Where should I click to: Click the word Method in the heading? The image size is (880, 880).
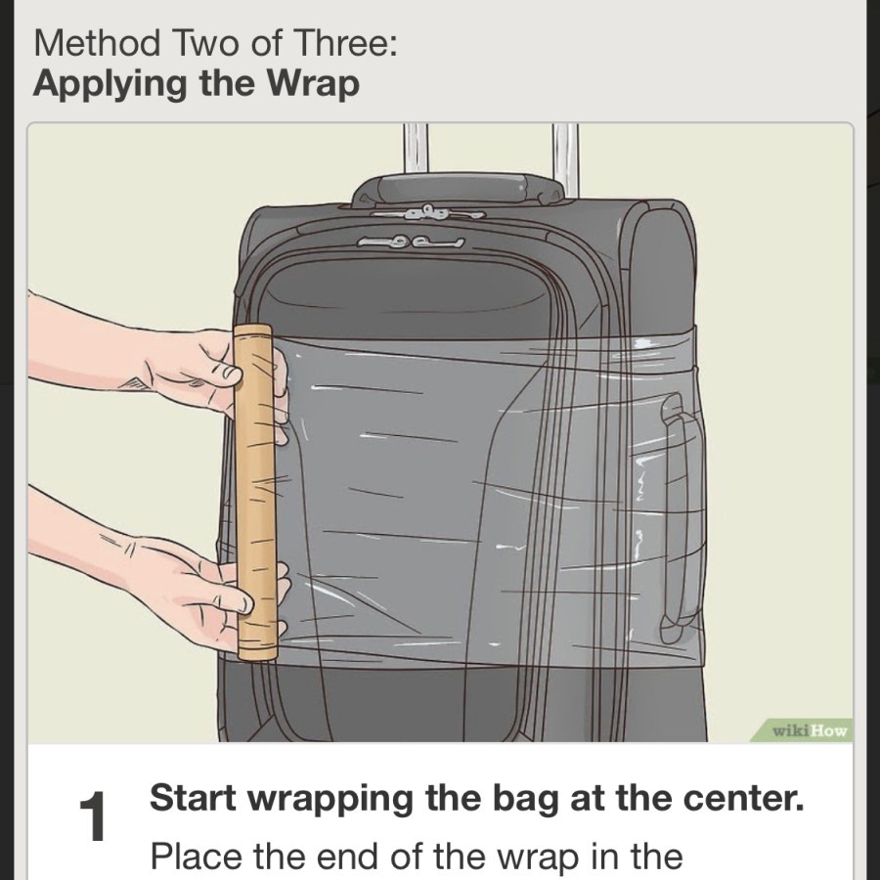coord(97,43)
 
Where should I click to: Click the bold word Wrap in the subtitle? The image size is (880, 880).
coord(312,85)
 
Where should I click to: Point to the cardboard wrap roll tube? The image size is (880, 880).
coord(255,492)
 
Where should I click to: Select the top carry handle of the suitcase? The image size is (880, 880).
coord(458,189)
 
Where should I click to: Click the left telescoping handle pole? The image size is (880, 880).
coord(416,149)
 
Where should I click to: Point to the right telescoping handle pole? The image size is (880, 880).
coord(565,158)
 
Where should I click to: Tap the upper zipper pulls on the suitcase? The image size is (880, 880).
coord(427,213)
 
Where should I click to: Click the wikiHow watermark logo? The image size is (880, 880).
coord(810,730)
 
